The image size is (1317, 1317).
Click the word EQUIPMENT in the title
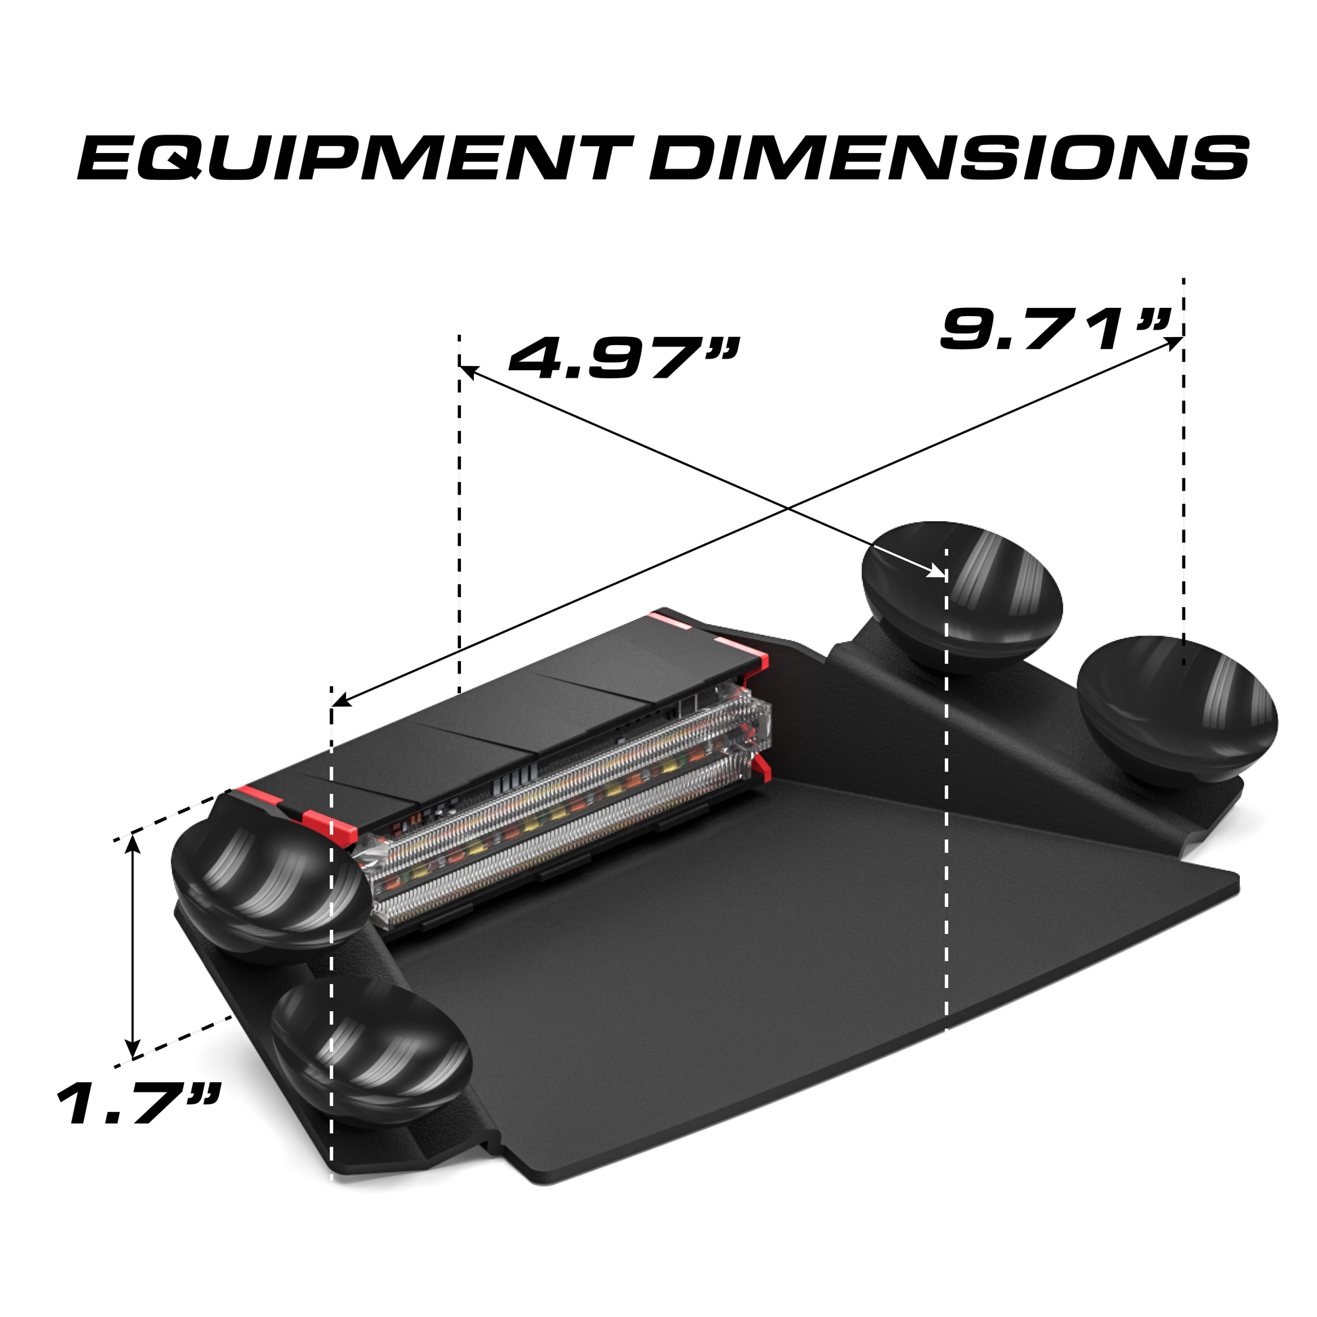click(x=355, y=157)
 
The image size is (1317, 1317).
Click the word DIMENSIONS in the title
click(x=949, y=157)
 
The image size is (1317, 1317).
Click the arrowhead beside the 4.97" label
click(x=470, y=372)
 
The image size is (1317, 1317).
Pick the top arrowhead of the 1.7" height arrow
click(x=133, y=845)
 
